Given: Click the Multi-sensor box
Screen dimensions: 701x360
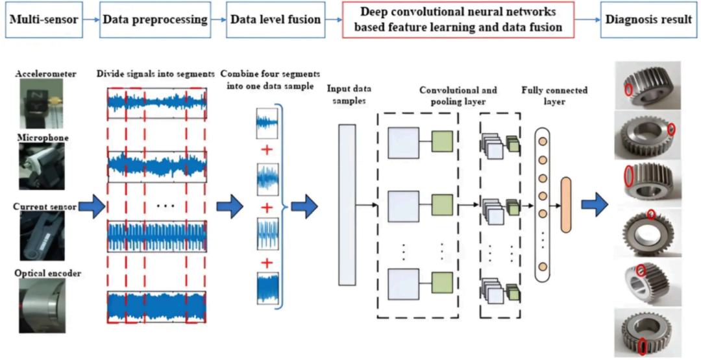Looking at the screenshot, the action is [44, 20].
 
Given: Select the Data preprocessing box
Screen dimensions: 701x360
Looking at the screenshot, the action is [154, 20].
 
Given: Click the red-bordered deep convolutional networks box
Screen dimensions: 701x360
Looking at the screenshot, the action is [458, 20].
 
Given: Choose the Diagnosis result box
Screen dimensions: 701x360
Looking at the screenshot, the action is [648, 20].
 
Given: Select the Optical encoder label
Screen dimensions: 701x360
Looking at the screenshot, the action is [47, 272].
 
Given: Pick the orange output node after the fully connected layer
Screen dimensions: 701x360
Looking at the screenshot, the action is [566, 204].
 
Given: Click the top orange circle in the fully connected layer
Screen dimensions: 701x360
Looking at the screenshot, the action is [543, 141].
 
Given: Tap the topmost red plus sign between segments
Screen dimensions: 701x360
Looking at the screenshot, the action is [267, 150].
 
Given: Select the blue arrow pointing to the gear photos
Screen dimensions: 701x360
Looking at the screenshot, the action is [595, 204].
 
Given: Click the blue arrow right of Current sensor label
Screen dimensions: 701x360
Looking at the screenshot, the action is [92, 207].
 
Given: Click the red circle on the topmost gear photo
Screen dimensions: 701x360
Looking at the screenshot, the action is [628, 90].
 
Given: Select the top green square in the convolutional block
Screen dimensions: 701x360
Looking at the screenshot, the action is [442, 141].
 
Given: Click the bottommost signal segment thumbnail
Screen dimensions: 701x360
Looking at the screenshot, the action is [268, 289].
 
